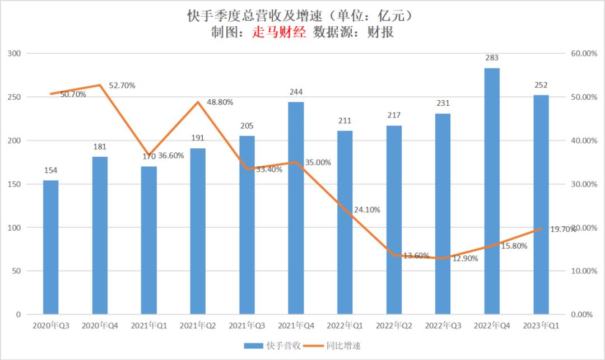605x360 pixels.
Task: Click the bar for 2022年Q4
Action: (x=492, y=190)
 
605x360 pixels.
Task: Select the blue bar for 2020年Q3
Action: (x=51, y=246)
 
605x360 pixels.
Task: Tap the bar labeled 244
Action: (x=296, y=208)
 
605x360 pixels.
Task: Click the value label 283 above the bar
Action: (x=492, y=58)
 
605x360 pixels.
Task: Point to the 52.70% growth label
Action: (x=122, y=86)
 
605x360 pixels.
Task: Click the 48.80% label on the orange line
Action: (x=220, y=102)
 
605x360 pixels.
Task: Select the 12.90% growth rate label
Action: (x=466, y=258)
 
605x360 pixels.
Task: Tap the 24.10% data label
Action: (x=367, y=210)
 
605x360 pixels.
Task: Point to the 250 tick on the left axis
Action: (x=14, y=97)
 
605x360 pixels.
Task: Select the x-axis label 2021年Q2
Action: (x=198, y=325)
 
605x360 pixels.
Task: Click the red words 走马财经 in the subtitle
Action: (x=280, y=32)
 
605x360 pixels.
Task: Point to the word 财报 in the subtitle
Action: (x=381, y=32)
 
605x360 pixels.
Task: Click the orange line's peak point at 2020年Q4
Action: (x=100, y=85)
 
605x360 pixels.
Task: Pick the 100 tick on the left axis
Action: (x=14, y=227)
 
